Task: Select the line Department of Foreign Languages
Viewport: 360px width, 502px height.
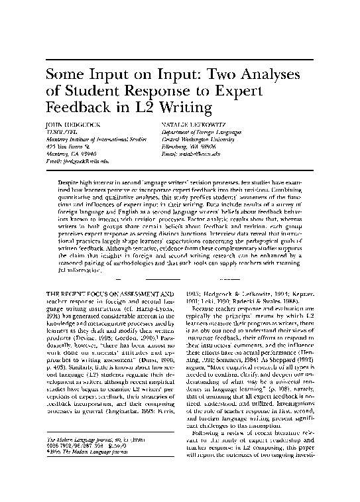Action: (x=200, y=131)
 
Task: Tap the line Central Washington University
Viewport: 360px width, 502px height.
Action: (x=198, y=139)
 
